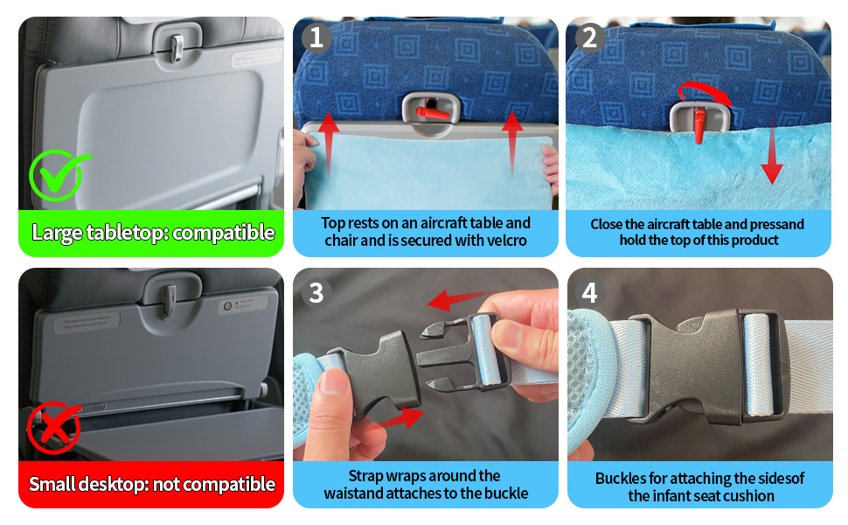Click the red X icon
click(53, 428)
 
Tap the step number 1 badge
click(316, 38)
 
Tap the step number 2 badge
click(589, 38)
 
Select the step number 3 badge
click(316, 292)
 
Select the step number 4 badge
click(589, 292)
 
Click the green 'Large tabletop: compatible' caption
click(152, 233)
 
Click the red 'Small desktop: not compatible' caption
click(152, 484)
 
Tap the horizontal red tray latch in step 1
click(434, 111)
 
